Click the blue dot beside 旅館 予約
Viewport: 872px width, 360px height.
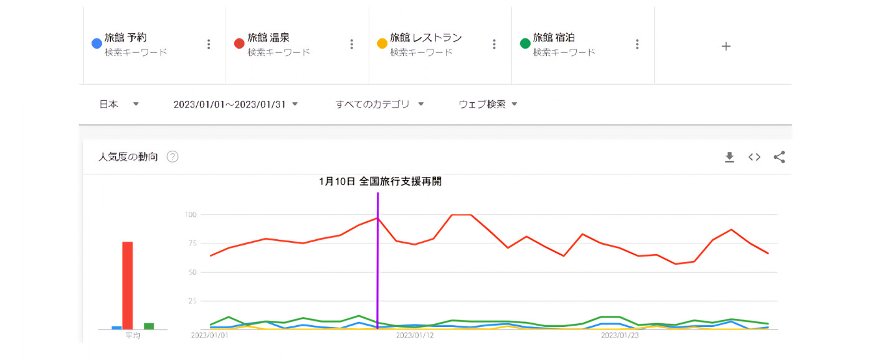point(97,44)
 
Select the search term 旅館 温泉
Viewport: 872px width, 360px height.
point(268,38)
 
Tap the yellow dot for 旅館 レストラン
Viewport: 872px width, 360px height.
point(382,44)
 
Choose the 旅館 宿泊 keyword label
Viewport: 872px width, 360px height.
point(554,38)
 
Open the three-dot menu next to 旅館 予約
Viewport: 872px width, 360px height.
point(209,44)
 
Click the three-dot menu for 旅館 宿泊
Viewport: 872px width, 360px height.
point(637,44)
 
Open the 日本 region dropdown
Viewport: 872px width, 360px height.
point(118,104)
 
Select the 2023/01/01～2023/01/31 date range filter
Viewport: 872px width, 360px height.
point(235,104)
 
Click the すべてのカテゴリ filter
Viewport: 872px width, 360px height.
point(379,104)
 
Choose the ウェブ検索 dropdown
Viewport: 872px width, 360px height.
point(488,104)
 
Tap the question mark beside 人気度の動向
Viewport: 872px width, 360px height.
point(173,157)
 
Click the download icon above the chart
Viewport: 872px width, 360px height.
point(729,158)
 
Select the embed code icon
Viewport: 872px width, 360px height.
point(754,158)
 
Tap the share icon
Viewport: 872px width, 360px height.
point(779,158)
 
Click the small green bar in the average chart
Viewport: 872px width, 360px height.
point(149,326)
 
